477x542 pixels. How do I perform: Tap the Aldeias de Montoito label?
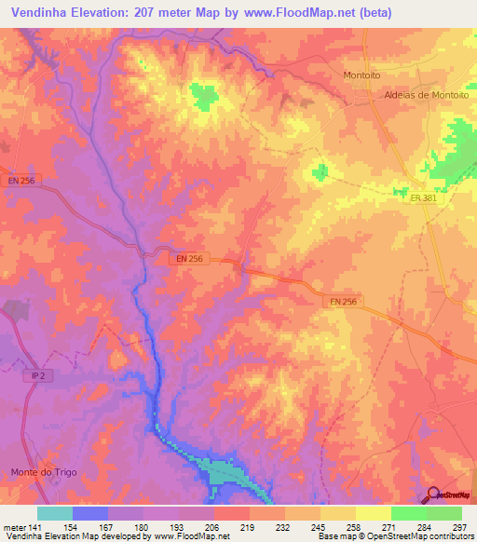click(426, 96)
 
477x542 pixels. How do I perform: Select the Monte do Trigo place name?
click(44, 472)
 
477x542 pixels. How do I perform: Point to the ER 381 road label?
click(422, 197)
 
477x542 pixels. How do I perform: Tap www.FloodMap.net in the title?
click(300, 13)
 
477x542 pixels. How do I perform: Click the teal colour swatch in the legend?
click(54, 513)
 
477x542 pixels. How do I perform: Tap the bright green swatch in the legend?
click(408, 513)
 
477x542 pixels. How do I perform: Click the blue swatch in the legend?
click(89, 513)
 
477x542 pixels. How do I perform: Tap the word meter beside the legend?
click(13, 528)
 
